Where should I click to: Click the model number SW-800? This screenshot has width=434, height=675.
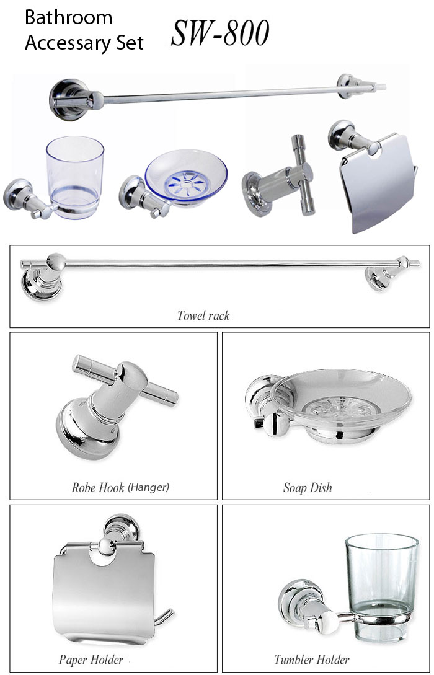(220, 33)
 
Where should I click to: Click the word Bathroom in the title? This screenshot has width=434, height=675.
(68, 17)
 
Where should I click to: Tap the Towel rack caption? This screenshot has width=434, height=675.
(203, 315)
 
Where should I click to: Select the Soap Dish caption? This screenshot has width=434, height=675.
(308, 488)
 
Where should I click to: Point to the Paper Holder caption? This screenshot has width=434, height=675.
(91, 660)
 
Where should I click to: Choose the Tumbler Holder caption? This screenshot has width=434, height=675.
(312, 660)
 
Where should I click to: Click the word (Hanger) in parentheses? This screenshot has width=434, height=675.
(149, 487)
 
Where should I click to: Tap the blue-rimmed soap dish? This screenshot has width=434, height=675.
(186, 177)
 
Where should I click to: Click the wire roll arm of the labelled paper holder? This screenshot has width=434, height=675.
(164, 617)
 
